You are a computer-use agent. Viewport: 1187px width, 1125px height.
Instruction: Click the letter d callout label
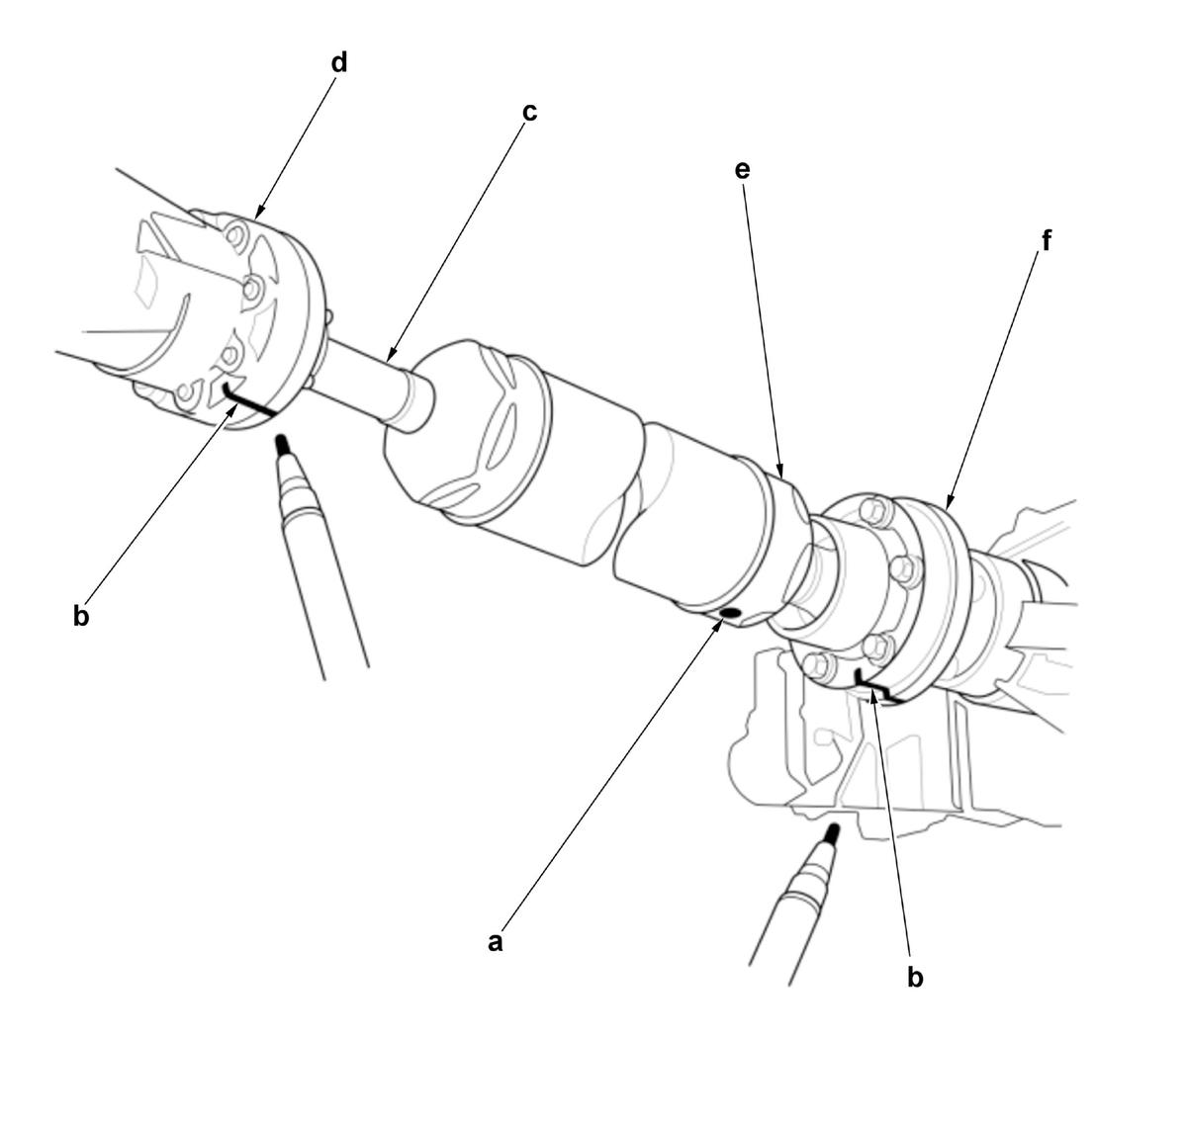point(339,63)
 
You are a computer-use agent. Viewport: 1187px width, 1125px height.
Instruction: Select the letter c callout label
point(529,113)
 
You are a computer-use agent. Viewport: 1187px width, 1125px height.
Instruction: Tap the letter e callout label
point(742,170)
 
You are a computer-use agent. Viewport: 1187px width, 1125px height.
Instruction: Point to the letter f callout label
point(1046,240)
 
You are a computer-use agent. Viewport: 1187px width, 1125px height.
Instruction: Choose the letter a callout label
point(496,942)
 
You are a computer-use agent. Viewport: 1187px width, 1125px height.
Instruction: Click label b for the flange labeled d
point(81,617)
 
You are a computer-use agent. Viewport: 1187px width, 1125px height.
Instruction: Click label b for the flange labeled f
point(915,977)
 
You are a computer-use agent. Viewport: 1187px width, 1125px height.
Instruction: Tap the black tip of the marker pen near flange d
point(282,444)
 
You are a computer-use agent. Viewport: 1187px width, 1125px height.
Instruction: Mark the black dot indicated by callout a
point(730,614)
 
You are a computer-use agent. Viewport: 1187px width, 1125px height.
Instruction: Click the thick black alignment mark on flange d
point(252,400)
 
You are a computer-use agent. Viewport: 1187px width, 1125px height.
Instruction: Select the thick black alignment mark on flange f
point(878,686)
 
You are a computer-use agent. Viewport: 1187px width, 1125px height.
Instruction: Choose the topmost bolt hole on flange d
point(233,235)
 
